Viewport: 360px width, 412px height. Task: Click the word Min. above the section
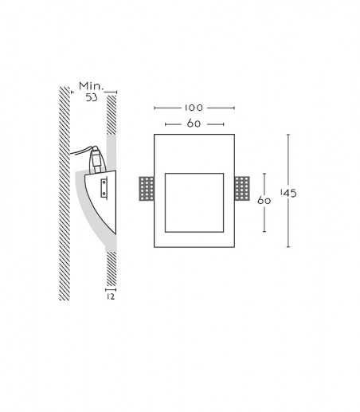pos(91,86)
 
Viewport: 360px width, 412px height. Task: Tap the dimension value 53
pos(92,98)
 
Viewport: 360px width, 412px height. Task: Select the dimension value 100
pos(194,108)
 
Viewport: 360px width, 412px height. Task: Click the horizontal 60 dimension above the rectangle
pos(194,124)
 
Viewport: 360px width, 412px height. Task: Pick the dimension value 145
pos(288,193)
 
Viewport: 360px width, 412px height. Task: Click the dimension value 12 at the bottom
pos(111,296)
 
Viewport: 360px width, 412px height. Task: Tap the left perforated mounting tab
pos(147,189)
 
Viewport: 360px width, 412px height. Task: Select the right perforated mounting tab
pos(242,189)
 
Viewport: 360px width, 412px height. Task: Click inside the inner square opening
pos(194,202)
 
